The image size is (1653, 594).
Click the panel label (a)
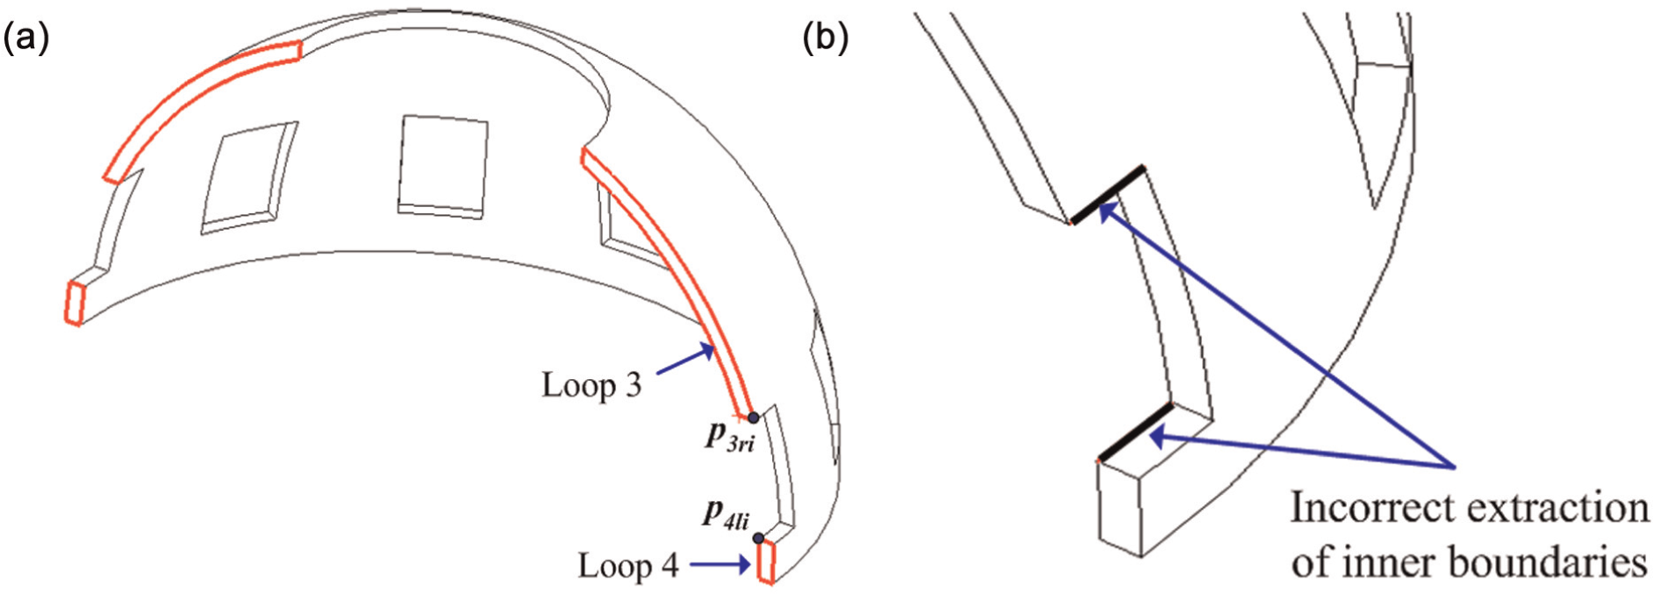click(x=26, y=39)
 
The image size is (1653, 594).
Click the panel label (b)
click(x=826, y=39)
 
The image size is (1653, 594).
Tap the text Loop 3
click(x=591, y=385)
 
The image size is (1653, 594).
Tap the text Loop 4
click(x=628, y=566)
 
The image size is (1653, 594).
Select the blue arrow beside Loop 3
click(x=685, y=362)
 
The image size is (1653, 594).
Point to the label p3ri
click(x=730, y=436)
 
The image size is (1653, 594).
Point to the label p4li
click(x=726, y=513)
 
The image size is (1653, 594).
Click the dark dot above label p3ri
click(x=753, y=418)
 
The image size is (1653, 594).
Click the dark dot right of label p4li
click(x=758, y=538)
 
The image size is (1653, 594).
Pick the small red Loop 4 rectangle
click(x=766, y=562)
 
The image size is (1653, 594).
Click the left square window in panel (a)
click(x=248, y=178)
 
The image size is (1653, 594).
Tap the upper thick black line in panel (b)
click(x=1107, y=193)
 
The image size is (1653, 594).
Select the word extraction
click(x=1556, y=507)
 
